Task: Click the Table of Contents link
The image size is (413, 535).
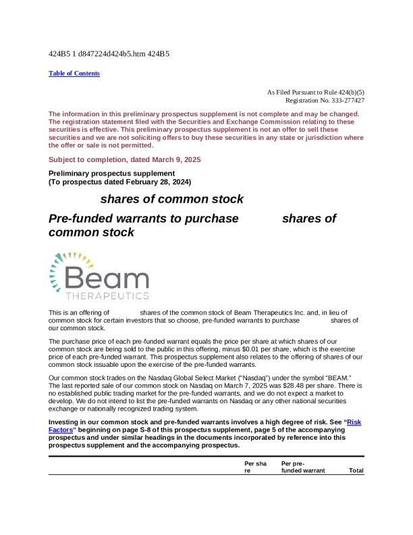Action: click(x=74, y=74)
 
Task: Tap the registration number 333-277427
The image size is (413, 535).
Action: click(x=344, y=100)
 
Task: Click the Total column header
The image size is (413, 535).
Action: click(x=356, y=470)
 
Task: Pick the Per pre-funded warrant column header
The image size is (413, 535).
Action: click(x=303, y=467)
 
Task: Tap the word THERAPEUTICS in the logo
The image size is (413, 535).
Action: click(x=108, y=296)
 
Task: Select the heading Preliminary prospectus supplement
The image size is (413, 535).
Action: click(x=102, y=174)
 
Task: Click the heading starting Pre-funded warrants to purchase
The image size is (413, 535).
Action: click(x=144, y=218)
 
